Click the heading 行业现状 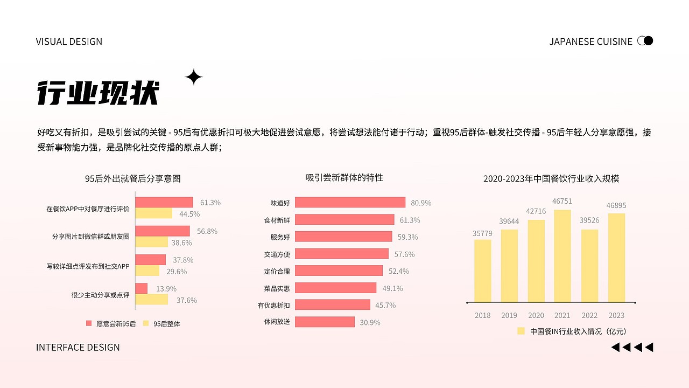[x=98, y=93]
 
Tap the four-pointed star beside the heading [x=194, y=78]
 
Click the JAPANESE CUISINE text [x=590, y=41]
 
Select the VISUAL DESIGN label [x=69, y=41]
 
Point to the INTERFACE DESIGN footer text [x=78, y=347]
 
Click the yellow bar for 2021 [x=563, y=256]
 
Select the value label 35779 [x=483, y=233]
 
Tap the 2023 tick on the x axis [x=616, y=315]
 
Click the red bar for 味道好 [x=350, y=203]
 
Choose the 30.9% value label [x=370, y=323]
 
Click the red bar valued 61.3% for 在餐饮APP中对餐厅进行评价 [x=164, y=202]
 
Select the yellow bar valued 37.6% [x=152, y=300]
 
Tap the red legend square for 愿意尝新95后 [x=89, y=323]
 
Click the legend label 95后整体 [x=167, y=324]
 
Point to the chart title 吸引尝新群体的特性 [x=344, y=177]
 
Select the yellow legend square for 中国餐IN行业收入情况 [x=521, y=331]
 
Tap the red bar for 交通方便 [x=342, y=254]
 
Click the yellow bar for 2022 [x=589, y=266]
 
